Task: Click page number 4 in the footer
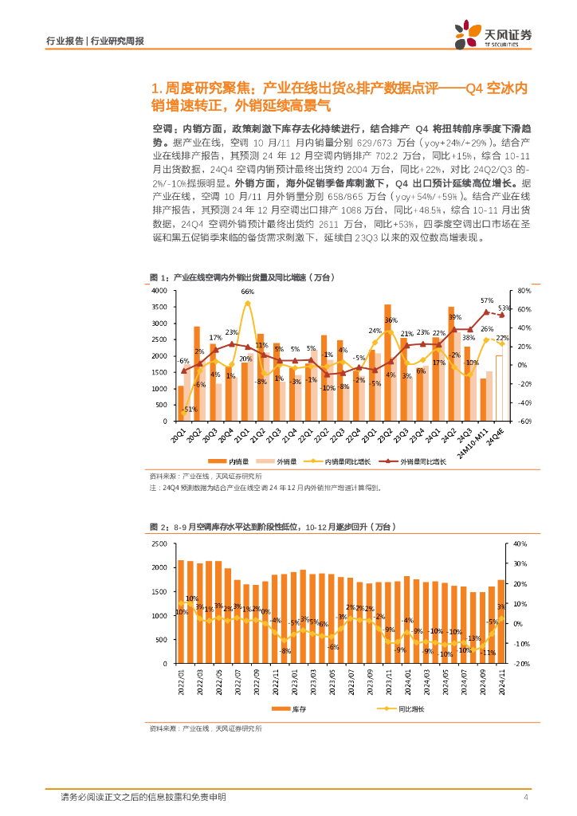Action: [526, 797]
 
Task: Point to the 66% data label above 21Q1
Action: [247, 292]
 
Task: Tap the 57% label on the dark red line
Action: [486, 301]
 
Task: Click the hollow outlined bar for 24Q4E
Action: [499, 387]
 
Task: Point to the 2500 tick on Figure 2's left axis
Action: [159, 543]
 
